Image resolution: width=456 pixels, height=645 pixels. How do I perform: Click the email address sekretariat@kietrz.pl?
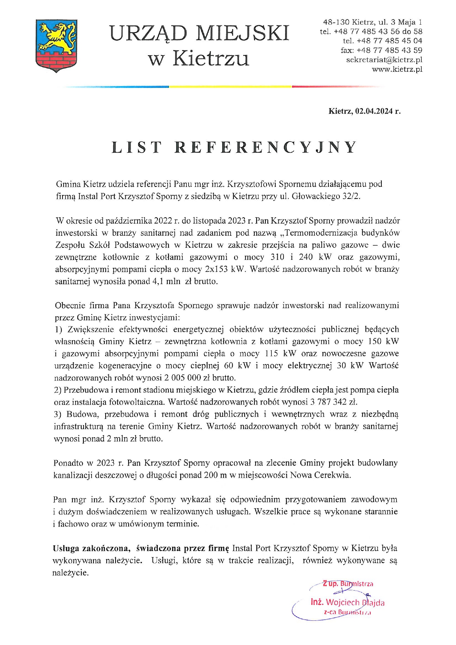click(384, 60)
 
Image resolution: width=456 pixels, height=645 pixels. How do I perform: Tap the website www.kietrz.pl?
click(397, 69)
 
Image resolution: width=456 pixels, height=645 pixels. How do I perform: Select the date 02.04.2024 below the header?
click(374, 111)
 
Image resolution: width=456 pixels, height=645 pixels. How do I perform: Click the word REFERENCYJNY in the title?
click(266, 147)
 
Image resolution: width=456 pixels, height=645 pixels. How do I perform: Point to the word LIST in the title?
click(136, 147)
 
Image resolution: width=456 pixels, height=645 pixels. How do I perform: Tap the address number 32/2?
click(351, 196)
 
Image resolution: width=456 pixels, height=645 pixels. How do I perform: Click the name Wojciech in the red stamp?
click(342, 602)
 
